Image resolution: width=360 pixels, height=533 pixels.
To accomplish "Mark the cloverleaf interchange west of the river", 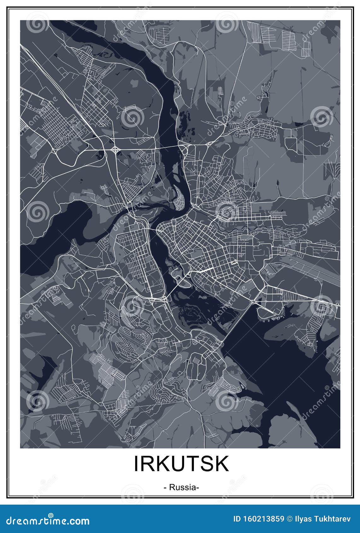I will click(115, 149).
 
